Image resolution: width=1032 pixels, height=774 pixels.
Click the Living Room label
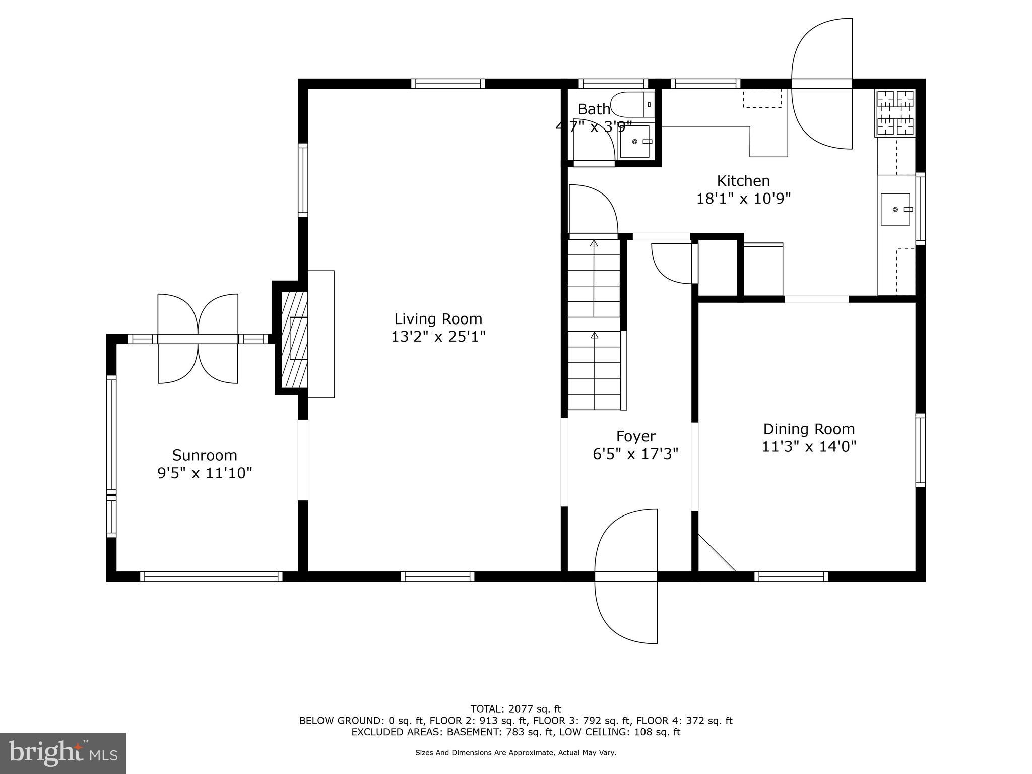pos(438,319)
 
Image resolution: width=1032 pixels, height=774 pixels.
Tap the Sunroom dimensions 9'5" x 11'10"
pos(205,473)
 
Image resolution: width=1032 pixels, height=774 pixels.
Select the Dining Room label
pos(809,429)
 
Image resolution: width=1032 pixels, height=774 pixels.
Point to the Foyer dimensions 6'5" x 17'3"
pos(635,454)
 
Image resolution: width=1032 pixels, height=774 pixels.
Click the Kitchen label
pos(743,181)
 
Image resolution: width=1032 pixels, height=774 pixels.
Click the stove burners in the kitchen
pos(895,113)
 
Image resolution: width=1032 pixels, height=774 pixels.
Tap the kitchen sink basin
pos(895,209)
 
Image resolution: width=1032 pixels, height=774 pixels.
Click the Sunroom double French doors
pos(198,339)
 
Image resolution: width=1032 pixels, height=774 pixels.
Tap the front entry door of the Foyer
pos(626,576)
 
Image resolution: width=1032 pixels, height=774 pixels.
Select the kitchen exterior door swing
pos(822,84)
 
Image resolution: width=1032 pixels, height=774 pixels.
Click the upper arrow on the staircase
pos(594,244)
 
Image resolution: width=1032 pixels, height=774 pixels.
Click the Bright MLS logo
pos(63,753)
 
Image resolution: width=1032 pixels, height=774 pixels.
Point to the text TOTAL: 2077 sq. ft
pos(515,709)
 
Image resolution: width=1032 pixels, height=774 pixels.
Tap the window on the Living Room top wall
pos(448,84)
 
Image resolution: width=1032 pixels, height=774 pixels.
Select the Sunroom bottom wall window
pos(211,576)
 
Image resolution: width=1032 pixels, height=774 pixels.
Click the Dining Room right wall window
pos(921,450)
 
